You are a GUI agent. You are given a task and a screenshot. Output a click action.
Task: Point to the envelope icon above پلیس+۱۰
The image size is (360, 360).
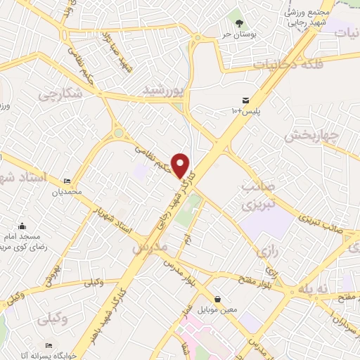[245, 100]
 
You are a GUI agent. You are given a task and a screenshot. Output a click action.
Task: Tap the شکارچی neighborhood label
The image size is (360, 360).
[65, 94]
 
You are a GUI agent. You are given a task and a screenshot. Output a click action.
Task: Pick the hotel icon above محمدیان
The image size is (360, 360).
[67, 181]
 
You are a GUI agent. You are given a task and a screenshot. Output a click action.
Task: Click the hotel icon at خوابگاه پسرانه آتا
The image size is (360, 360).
[48, 345]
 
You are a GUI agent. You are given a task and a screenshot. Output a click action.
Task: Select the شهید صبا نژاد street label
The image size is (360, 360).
[116, 49]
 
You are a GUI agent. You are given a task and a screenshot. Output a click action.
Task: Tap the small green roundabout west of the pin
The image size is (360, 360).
[119, 132]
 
